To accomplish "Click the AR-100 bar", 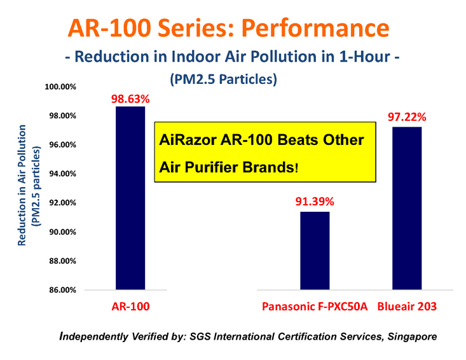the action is point(130,198).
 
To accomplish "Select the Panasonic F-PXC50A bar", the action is point(315,251).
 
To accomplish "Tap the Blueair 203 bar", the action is point(407,208).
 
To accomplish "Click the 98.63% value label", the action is point(130,99).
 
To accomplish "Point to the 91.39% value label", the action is point(315,202).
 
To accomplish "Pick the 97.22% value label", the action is point(407,117).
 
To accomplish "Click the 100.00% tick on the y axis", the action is point(60,87).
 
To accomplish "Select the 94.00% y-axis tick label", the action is point(62,174).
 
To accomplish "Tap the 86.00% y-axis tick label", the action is point(62,290).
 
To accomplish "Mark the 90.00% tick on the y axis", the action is point(62,232).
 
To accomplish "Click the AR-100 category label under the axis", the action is point(130,307).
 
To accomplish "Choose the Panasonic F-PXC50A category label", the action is point(315,307).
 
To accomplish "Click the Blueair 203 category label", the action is point(407,307).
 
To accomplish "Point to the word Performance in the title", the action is point(315,27).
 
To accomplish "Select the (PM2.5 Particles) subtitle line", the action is point(224,80).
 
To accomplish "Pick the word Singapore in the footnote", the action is point(412,337).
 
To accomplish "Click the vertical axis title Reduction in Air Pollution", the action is point(22,185).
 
